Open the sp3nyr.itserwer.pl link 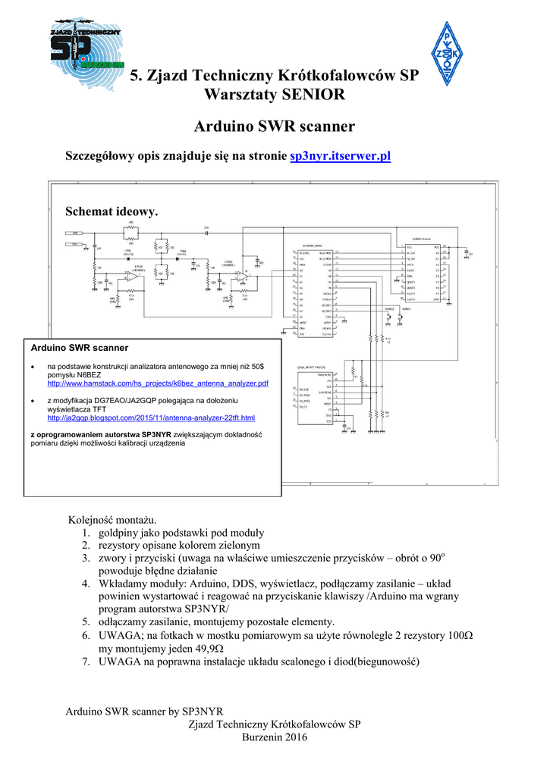[340, 156]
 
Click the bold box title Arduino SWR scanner [79, 348]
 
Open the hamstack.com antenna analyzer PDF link [158, 384]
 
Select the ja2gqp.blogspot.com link [151, 418]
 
